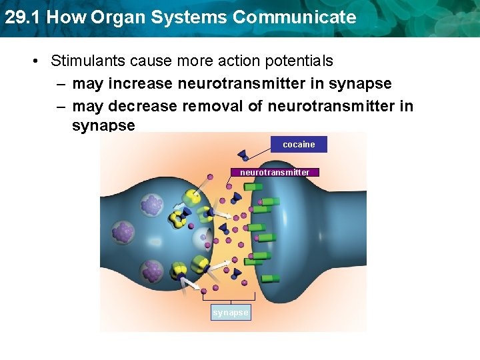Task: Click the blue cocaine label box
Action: (299, 144)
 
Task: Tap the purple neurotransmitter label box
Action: (275, 172)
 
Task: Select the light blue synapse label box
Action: (231, 312)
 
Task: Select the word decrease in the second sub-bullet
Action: (143, 106)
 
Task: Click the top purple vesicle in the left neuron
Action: (153, 205)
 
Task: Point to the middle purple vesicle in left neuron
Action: (123, 233)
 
